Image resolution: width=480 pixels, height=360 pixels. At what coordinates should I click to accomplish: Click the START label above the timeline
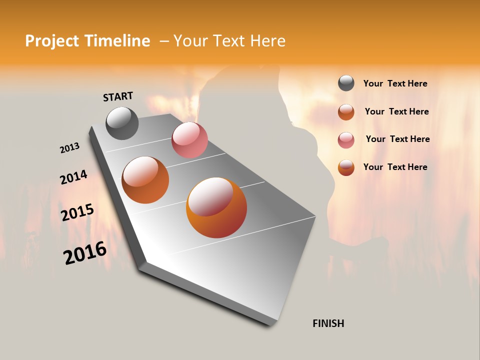118,96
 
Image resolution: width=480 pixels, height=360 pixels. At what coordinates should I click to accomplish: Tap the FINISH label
328,323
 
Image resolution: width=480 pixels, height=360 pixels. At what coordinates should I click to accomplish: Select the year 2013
69,148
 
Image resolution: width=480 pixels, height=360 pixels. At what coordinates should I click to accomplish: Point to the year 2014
73,177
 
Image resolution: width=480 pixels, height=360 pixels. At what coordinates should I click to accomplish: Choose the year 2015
77,212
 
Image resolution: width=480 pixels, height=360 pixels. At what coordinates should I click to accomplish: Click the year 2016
85,253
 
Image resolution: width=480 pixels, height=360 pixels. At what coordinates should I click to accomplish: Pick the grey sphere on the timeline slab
122,123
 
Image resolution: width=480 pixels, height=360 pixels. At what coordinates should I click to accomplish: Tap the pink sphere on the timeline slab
189,140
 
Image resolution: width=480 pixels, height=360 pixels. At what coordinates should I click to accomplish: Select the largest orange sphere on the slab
216,207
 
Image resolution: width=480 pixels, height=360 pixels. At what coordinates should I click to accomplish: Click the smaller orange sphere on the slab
145,180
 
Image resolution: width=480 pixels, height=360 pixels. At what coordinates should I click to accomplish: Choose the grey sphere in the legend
346,83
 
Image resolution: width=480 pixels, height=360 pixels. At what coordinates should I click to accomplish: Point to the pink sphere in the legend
346,140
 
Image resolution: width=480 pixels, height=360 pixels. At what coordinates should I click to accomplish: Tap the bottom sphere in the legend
346,167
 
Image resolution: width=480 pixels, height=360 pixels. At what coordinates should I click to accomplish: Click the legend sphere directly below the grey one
346,112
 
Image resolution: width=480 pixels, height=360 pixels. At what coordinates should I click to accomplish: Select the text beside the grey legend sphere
395,84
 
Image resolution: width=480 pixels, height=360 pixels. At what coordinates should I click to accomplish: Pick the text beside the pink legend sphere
397,139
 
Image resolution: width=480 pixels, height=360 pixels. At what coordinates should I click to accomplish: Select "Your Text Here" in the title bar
229,41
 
